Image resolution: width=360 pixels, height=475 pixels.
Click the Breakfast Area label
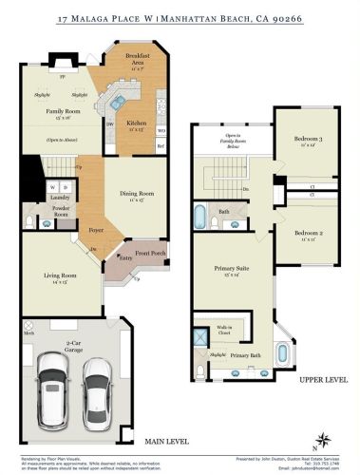coord(142,64)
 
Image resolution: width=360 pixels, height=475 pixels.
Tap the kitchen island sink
coord(116,98)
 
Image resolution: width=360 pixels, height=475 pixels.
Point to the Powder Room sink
coord(44,225)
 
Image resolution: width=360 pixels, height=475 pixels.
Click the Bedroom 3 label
coord(307,142)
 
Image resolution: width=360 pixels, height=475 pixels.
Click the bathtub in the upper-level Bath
coord(199,218)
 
